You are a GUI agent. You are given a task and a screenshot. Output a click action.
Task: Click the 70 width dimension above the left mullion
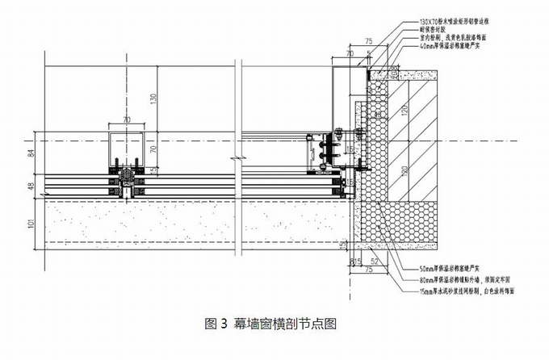pyautogui.click(x=125, y=119)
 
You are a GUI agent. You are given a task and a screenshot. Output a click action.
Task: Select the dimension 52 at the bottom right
pyautogui.click(x=373, y=262)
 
